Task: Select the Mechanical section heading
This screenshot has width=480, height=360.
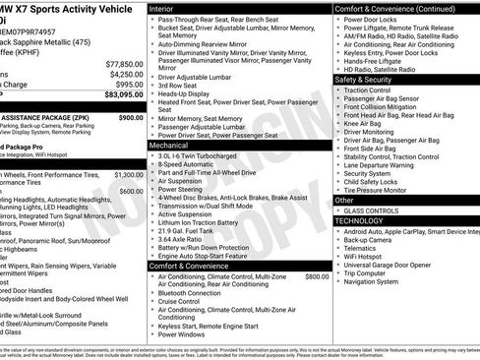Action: pyautogui.click(x=171, y=144)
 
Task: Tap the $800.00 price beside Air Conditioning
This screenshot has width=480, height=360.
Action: pyautogui.click(x=317, y=276)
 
